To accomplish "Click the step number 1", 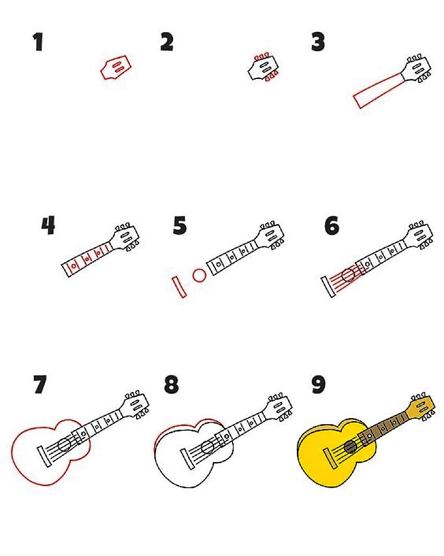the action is pos(38,42).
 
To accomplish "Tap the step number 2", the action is pos(167,42).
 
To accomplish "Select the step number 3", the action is pos(318,42).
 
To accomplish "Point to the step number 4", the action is pos(48,225).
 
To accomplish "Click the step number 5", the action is pos(180,226).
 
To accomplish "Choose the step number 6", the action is pos(332,226).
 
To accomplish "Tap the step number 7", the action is pos(39,384).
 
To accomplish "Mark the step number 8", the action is pos(171,384).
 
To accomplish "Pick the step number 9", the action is pos(319,385).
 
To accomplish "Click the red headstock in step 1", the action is pos(115,67).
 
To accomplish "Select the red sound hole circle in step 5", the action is pos(200,275).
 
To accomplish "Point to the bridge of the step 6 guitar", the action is pos(328,287).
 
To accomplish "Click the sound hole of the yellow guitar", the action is pos(351,447).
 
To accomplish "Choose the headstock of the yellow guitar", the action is pos(421,408).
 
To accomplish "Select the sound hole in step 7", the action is pos(65,445).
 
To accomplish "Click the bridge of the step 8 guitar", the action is pos(188,459).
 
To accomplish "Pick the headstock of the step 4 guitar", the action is pos(125,237).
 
